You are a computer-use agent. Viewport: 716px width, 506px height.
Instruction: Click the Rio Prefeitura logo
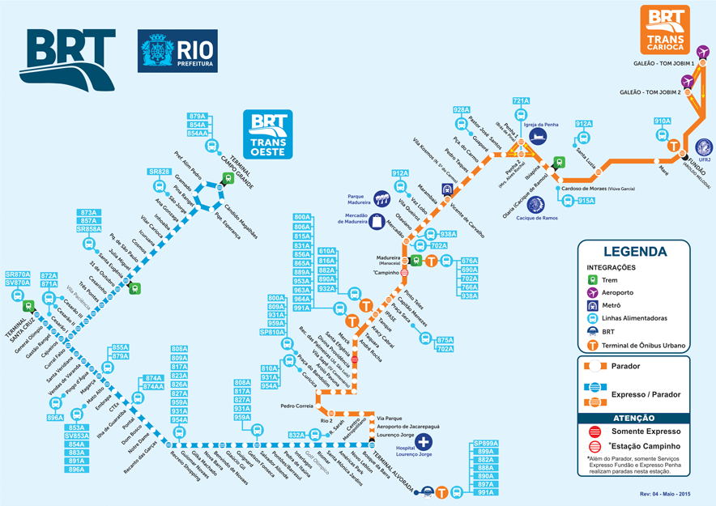[177, 51]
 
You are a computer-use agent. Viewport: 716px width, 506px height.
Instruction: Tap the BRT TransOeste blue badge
[268, 134]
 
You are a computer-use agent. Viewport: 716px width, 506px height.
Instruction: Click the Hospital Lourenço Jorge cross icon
[423, 442]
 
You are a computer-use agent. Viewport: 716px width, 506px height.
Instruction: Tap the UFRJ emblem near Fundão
[704, 148]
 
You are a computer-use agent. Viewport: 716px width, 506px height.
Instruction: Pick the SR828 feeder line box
[159, 172]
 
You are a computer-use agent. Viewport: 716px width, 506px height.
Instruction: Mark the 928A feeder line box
[462, 110]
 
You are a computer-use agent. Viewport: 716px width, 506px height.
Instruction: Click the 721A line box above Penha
[521, 101]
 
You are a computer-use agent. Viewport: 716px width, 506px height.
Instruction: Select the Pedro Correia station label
[296, 406]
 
